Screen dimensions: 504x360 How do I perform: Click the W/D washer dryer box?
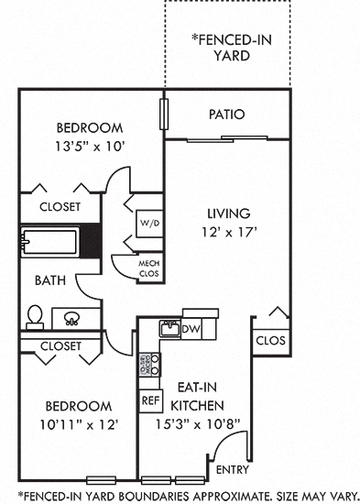[149, 223]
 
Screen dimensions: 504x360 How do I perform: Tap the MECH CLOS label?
[148, 268]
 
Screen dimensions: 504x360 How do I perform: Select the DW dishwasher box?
[191, 328]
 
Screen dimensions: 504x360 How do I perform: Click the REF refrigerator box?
[149, 400]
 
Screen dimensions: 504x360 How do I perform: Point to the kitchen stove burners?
[149, 366]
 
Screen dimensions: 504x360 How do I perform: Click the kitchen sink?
[169, 328]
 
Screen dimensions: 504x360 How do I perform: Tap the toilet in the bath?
[35, 316]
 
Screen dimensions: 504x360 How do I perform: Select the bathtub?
[50, 242]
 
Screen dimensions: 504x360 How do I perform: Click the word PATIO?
[226, 115]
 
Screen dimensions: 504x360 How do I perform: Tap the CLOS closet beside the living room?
[270, 340]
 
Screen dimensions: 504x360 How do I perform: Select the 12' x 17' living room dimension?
[229, 232]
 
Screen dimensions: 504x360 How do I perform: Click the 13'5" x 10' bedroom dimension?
[90, 145]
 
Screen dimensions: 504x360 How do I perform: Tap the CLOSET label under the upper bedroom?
[60, 206]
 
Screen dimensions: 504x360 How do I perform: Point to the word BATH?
[49, 280]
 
